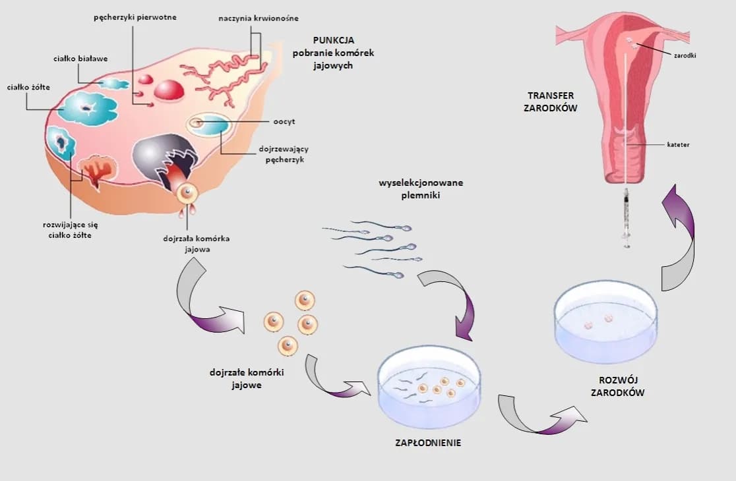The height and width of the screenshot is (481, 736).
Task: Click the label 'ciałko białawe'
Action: [80, 59]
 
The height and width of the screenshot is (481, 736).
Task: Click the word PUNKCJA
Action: [333, 40]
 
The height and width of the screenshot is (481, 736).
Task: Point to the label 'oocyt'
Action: [284, 122]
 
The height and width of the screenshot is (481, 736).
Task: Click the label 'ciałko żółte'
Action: [28, 87]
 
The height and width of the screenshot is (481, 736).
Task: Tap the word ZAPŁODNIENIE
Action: [428, 443]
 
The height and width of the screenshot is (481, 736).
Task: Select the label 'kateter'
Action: [678, 144]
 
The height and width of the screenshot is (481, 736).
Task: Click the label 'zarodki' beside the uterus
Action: [685, 55]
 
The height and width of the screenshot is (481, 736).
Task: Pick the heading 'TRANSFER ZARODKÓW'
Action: [551, 101]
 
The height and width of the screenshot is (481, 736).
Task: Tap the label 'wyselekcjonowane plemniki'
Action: [421, 188]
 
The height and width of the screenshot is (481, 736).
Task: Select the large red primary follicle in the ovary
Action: [169, 90]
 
